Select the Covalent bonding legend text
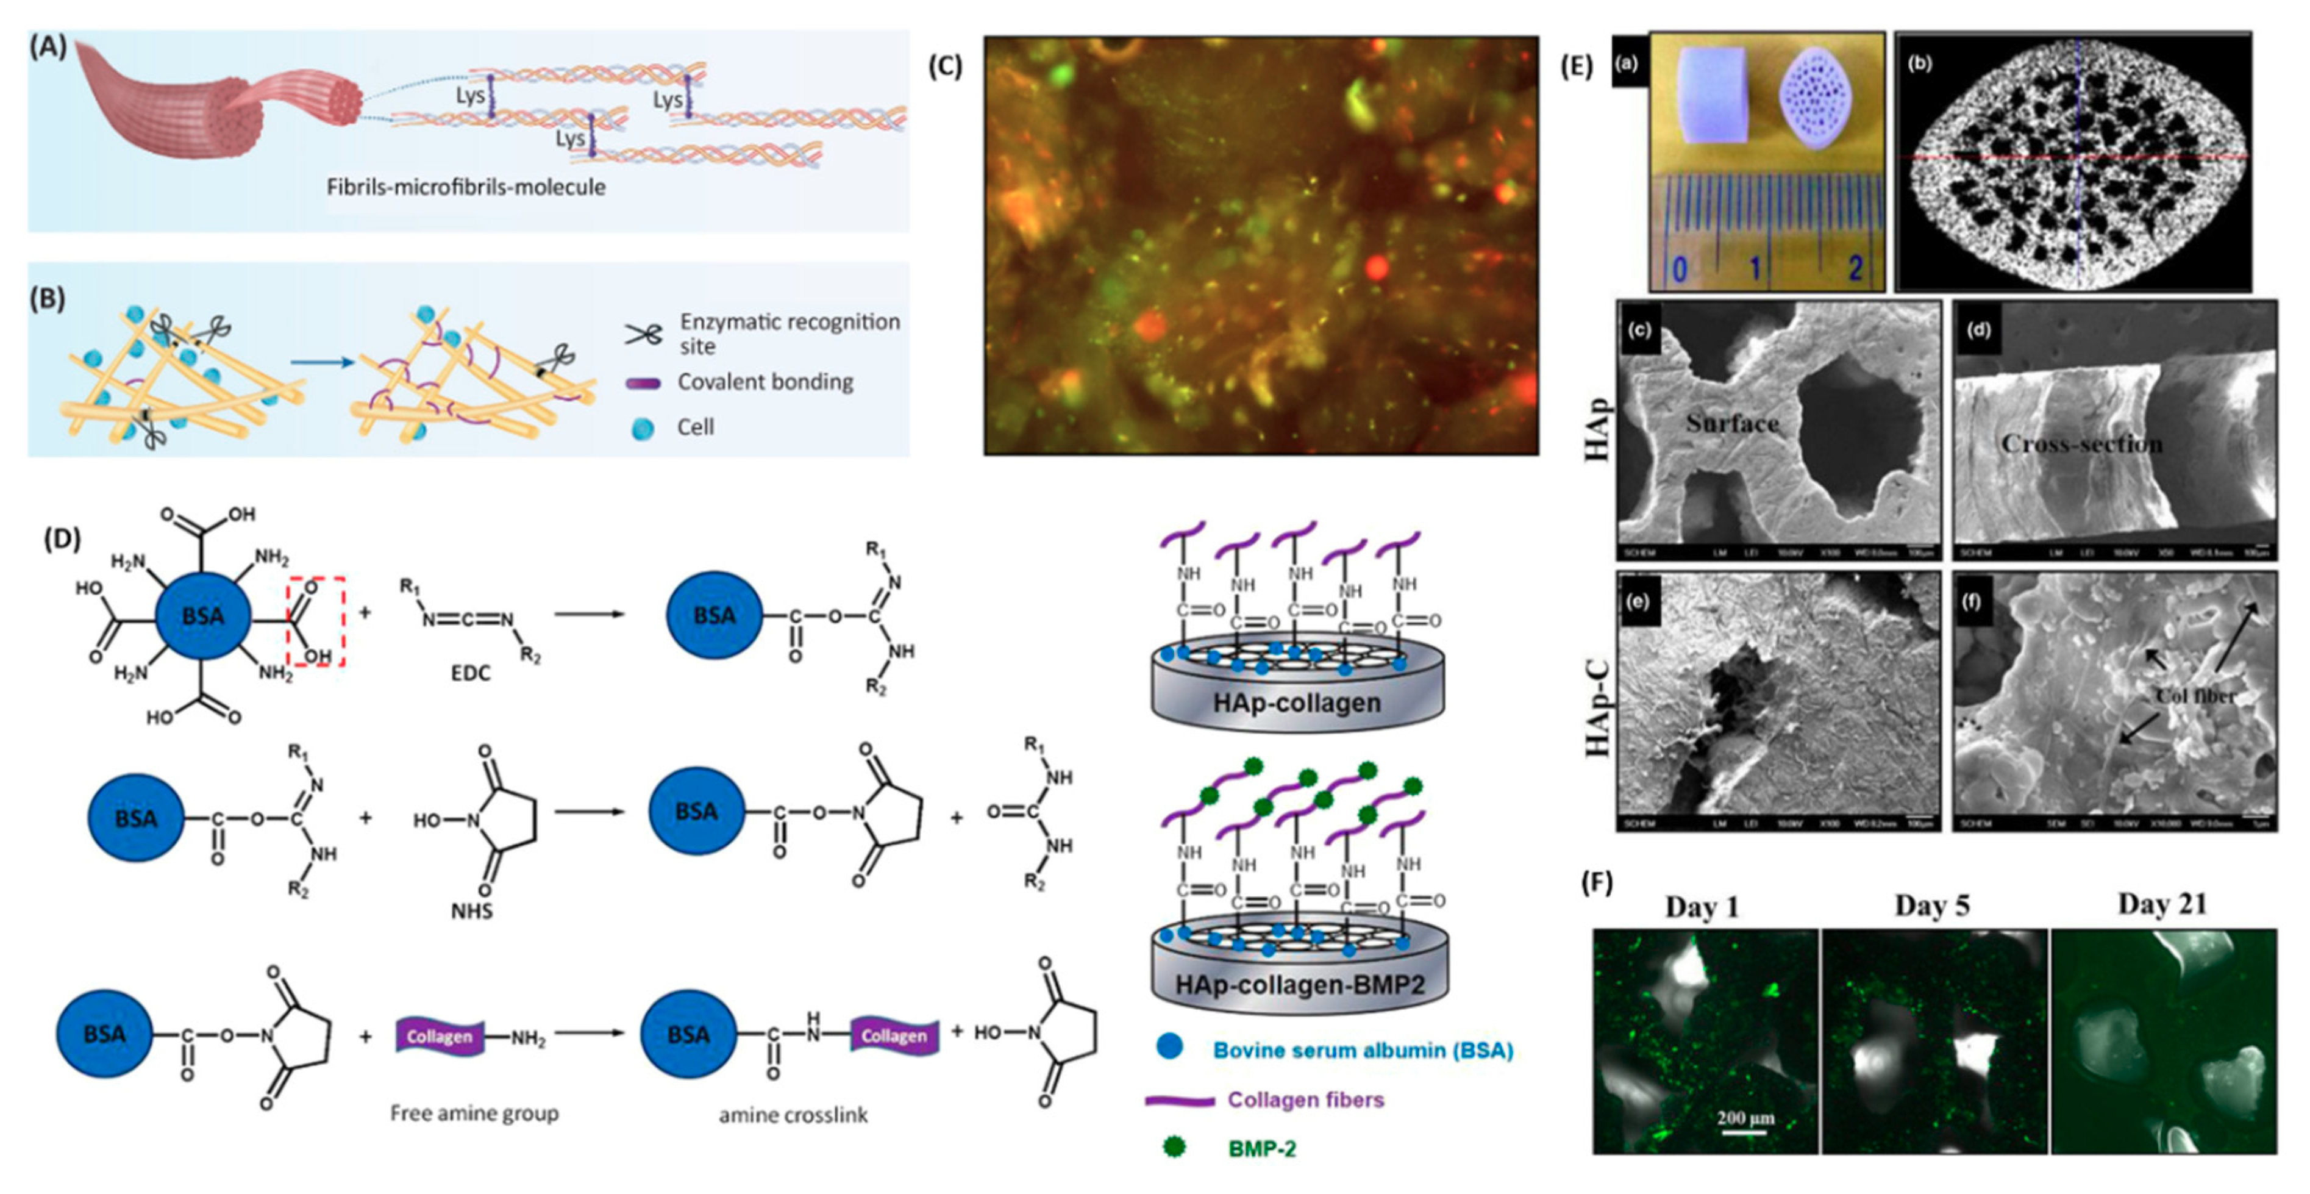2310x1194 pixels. [765, 382]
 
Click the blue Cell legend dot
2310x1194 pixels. [642, 429]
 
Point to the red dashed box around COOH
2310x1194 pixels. [316, 621]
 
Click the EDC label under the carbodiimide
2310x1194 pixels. [471, 673]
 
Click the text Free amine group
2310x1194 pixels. [474, 1114]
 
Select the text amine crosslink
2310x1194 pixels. [793, 1115]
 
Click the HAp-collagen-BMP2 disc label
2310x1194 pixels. [1299, 985]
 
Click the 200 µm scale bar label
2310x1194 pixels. [1745, 1118]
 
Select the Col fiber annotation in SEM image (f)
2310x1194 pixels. [2194, 696]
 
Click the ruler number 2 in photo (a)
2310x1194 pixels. [1855, 267]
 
